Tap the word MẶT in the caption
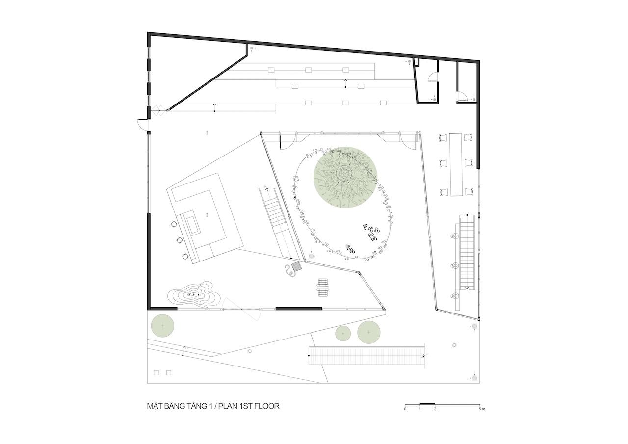coord(153,406)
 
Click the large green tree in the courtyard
coord(345,178)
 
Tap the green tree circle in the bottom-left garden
coord(162,326)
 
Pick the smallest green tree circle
coord(343,334)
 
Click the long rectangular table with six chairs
coord(456,164)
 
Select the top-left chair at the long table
coord(443,138)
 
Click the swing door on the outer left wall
coord(142,124)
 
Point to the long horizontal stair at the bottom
coord(366,356)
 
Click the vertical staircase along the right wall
coord(467,252)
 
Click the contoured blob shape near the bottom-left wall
coord(194,295)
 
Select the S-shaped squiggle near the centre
coord(289,271)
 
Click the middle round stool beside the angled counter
coord(180,240)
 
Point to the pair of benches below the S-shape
coord(323,287)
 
